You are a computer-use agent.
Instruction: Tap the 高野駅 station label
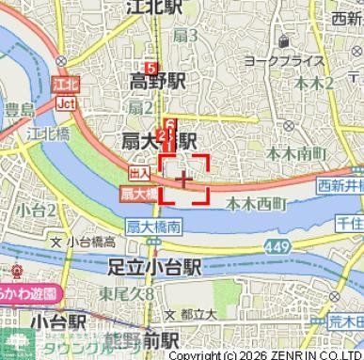[158, 80]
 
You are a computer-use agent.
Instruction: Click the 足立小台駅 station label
[155, 267]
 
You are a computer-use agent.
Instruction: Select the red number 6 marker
[170, 125]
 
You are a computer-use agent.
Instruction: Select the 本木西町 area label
[256, 200]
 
